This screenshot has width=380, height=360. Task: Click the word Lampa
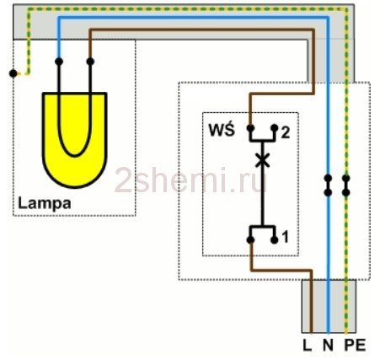(x=45, y=203)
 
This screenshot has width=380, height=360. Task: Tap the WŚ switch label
(x=222, y=130)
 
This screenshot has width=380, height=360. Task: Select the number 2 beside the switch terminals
(x=285, y=132)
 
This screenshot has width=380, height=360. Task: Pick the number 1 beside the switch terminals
(x=285, y=237)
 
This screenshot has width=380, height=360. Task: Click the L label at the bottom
(x=308, y=345)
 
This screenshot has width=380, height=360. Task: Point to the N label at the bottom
(x=328, y=345)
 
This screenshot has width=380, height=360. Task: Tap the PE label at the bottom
(x=355, y=345)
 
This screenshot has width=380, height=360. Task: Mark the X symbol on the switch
(x=262, y=160)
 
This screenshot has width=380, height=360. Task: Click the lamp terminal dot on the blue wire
(x=59, y=62)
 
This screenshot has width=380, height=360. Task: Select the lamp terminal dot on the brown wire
(x=90, y=62)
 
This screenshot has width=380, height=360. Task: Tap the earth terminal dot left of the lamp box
(x=13, y=73)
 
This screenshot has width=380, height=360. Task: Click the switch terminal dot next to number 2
(x=275, y=128)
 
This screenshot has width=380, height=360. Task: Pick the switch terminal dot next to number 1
(x=275, y=240)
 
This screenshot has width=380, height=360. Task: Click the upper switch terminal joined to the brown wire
(x=250, y=128)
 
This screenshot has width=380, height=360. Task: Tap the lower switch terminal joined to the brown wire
(x=250, y=240)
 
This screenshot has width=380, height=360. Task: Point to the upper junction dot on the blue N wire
(x=328, y=178)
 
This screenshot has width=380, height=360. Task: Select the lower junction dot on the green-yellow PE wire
(x=346, y=193)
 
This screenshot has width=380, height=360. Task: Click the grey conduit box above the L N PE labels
(x=329, y=306)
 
